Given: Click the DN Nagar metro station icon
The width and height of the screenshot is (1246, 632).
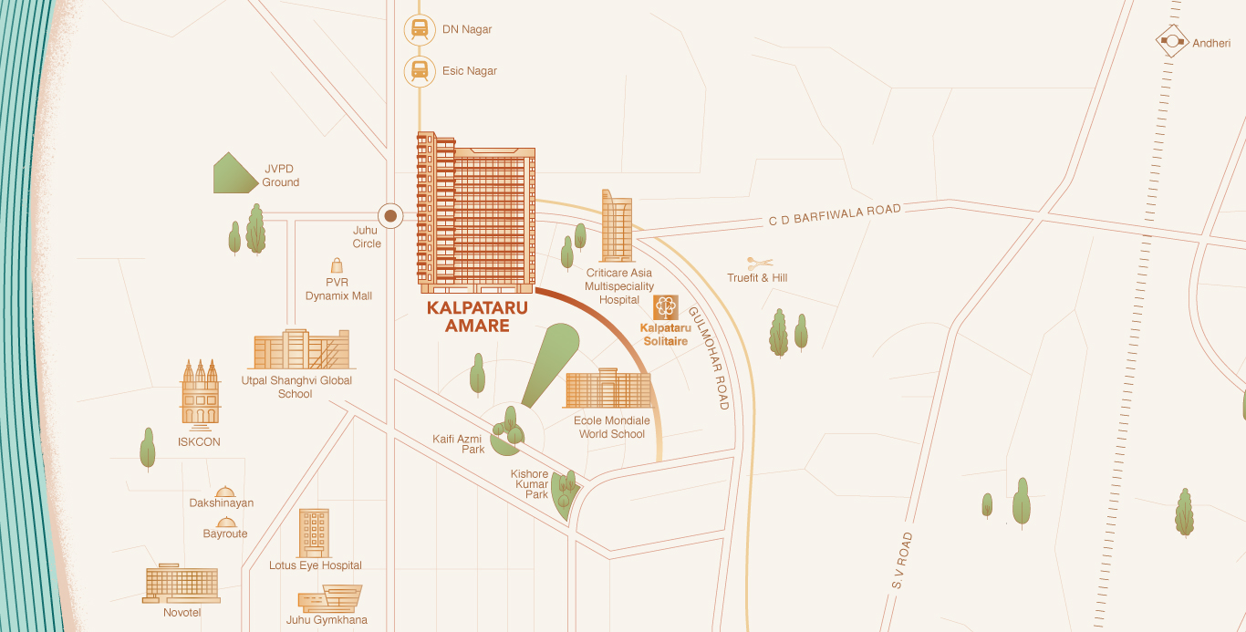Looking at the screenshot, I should pos(419,29).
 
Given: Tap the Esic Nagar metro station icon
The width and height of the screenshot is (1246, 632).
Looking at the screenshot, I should pos(419,70).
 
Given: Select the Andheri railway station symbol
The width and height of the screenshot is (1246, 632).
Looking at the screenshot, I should pos(1171,42).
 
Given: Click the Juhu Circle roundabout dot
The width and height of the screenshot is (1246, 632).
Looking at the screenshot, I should pos(390,216).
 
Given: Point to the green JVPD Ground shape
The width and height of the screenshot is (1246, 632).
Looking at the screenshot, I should pos(235,173).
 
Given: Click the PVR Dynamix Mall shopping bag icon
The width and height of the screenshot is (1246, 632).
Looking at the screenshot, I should pos(337,265).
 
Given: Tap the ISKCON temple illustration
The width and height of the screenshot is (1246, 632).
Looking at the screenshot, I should pos(201,393).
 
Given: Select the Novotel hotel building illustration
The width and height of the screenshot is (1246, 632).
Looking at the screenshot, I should pos(182,584).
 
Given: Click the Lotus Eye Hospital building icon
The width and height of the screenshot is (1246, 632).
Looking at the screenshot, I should pos(314,533).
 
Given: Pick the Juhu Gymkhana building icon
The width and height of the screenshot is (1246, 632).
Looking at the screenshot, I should pos(330,598).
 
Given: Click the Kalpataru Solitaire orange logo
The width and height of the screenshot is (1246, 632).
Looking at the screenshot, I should pos(665,307).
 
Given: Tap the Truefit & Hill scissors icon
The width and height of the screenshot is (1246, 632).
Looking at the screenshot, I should pos(759,263).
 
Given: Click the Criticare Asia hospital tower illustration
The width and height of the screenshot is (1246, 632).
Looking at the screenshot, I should pos(617,226).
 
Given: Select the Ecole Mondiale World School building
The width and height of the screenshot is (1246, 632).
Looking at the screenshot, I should pos(607,390).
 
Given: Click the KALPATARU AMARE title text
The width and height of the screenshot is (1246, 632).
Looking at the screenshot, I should pos(477,316).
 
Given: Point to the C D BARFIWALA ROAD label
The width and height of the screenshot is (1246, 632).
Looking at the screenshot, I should pos(834,216).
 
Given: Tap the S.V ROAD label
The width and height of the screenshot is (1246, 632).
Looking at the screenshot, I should pos(901,560).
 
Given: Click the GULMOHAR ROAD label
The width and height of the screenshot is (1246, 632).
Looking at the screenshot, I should pos(709,357).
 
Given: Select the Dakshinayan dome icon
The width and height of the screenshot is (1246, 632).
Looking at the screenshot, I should pos(224,492).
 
